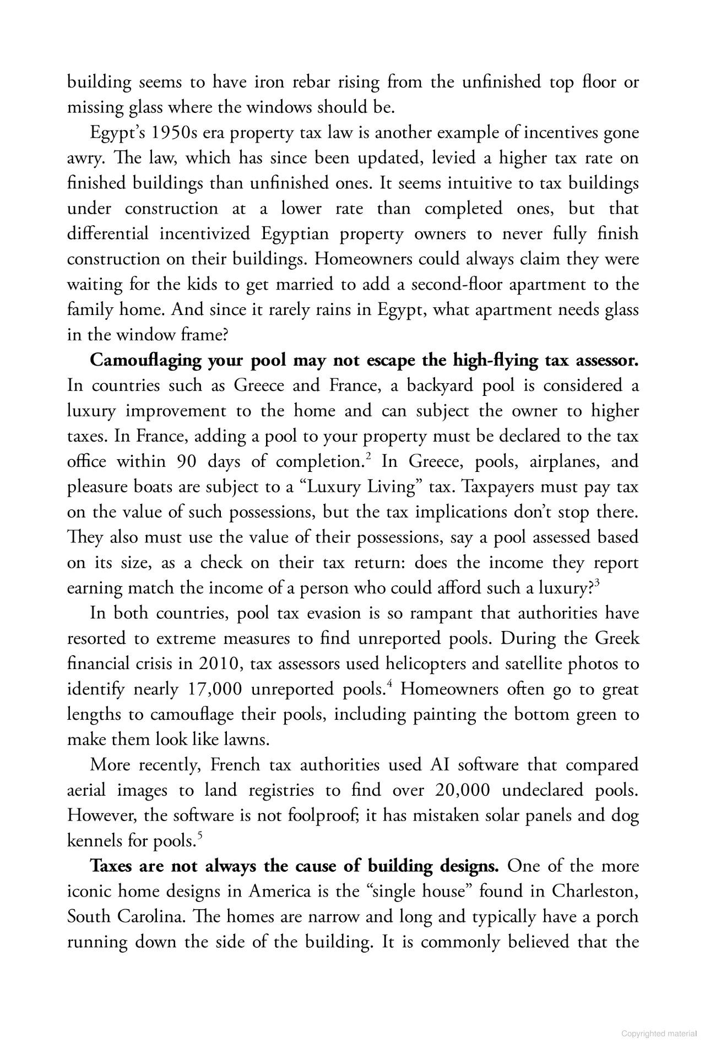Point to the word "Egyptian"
pos(295,234)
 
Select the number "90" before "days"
pos(187,461)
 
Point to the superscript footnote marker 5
pos(200,836)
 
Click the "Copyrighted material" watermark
pos(659,1034)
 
